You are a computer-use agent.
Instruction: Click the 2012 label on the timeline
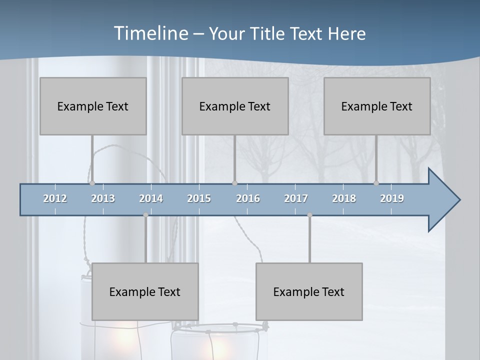(x=55, y=198)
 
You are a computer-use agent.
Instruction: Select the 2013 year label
(x=103, y=198)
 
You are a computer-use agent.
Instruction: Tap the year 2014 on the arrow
(x=151, y=198)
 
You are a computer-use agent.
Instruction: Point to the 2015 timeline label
(x=199, y=198)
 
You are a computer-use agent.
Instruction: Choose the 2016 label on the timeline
(x=248, y=198)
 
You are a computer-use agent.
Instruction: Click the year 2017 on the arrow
(x=296, y=198)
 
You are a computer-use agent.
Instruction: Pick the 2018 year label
(x=344, y=198)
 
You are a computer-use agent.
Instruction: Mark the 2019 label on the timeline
(x=392, y=198)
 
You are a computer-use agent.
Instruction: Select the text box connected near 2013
(x=93, y=106)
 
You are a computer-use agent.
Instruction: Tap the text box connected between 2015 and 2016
(x=235, y=106)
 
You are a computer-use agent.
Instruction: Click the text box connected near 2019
(x=377, y=106)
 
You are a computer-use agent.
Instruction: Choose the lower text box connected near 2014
(x=145, y=291)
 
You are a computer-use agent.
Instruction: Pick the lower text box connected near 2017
(x=309, y=291)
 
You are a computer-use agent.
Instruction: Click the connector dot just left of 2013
(x=92, y=183)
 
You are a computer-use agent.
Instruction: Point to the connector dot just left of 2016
(x=234, y=183)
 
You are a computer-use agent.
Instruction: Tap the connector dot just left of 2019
(x=376, y=183)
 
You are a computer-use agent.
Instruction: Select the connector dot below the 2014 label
(x=145, y=215)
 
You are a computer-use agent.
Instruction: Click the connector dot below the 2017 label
(x=309, y=215)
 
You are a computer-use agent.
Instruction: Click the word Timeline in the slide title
(x=150, y=33)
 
